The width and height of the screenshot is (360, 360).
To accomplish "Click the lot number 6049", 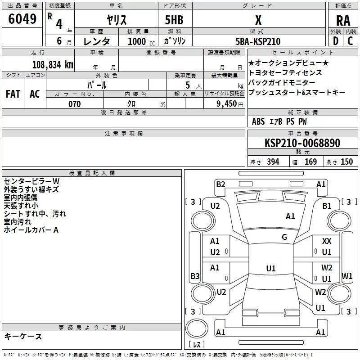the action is coord(22,19).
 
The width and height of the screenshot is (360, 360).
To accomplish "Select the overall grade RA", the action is coord(343,21).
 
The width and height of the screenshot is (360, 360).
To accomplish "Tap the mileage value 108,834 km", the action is coord(53,64).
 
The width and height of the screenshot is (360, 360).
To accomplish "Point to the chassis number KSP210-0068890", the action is coord(302,143).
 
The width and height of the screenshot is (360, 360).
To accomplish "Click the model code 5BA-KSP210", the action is coord(258,41).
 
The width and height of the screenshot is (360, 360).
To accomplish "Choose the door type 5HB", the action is coord(174,20).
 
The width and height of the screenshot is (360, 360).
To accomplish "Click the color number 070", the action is coord(75,104).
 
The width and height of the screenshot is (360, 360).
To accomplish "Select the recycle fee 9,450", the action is coord(227,104).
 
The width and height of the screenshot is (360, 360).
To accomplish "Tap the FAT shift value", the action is coord(13,94).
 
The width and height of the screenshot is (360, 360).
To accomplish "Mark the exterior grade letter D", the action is coord(336,41).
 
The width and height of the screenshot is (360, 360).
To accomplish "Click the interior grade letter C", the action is coord(350,41).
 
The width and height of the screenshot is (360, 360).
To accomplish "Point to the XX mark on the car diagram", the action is coord(327,241).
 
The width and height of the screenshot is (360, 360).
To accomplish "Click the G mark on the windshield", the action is coord(284,237).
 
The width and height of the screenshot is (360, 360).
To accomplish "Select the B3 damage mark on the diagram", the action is coord(195,276).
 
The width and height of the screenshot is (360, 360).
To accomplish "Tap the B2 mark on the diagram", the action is coord(220,184).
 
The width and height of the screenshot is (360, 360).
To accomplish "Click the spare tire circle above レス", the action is coord(197,328).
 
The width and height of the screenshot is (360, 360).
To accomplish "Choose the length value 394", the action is coord(273,162).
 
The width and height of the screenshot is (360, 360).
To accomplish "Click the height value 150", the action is coord(346,162).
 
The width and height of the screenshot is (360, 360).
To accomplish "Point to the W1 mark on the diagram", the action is coord(346,276).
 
